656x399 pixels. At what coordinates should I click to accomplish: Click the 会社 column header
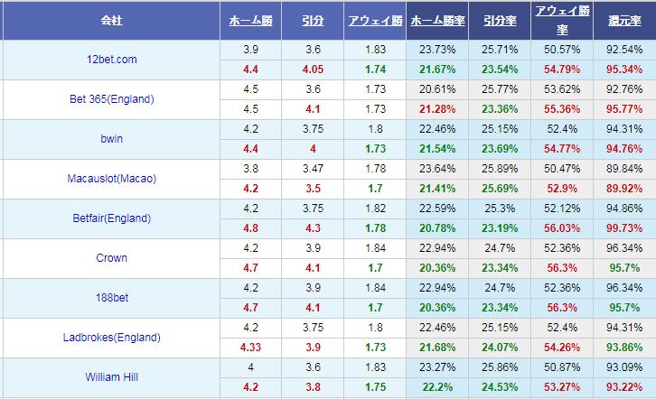point(113,19)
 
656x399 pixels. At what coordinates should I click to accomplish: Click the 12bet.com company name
point(111,59)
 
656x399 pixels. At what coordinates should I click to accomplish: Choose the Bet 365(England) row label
point(112,99)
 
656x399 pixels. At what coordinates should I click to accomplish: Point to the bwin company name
point(112,139)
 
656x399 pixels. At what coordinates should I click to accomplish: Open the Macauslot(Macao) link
point(112,179)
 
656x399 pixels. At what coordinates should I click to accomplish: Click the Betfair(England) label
point(112,218)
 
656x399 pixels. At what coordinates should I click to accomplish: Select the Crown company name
point(112,258)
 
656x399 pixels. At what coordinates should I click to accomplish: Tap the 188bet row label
point(112,298)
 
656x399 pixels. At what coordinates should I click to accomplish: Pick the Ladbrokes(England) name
point(112,338)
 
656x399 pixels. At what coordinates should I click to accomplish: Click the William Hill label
point(112,377)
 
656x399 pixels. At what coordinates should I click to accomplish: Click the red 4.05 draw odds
point(314,69)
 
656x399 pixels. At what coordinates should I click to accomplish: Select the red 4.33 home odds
point(251,348)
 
